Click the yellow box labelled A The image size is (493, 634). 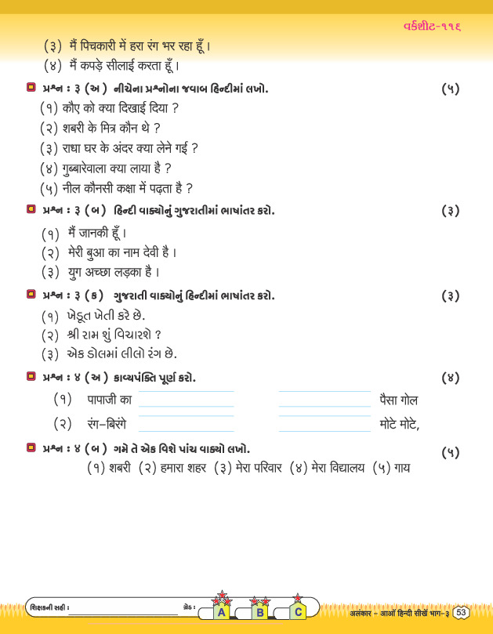coord(222,613)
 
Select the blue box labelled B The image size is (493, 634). coord(259,613)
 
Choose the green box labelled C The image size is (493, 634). coord(298,612)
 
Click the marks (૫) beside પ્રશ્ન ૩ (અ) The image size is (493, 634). coord(450,89)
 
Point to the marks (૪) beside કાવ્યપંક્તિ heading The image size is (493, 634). coord(450,378)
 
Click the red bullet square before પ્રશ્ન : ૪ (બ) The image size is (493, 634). coord(31,448)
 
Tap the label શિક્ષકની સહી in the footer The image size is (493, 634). coord(48,608)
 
